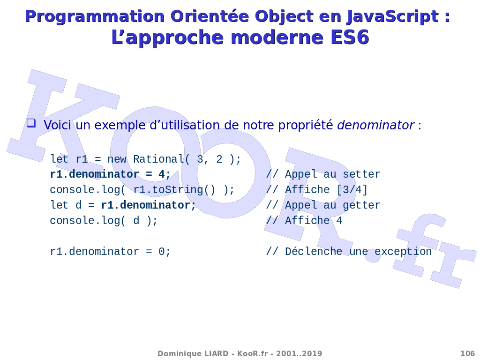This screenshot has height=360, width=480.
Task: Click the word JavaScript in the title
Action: pyautogui.click(x=392, y=16)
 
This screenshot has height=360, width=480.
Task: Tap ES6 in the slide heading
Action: pyautogui.click(x=350, y=37)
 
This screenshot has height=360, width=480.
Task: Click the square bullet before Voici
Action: pyautogui.click(x=31, y=123)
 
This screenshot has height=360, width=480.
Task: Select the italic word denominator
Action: pyautogui.click(x=375, y=125)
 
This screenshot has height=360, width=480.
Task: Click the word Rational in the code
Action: pyautogui.click(x=158, y=159)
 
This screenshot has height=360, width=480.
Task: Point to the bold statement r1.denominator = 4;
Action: pyautogui.click(x=110, y=174)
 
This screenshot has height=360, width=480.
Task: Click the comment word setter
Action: pyautogui.click(x=361, y=174)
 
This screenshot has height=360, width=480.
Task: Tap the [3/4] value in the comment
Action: pyautogui.click(x=352, y=190)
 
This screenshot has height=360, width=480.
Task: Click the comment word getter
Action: pyautogui.click(x=361, y=206)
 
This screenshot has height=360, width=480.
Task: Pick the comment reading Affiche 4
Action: pyautogui.click(x=314, y=221)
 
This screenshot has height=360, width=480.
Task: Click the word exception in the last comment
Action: pyautogui.click(x=403, y=252)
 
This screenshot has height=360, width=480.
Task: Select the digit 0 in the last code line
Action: pyautogui.click(x=162, y=252)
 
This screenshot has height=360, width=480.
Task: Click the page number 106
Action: pyautogui.click(x=467, y=353)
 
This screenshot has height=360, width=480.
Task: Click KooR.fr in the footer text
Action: pyautogui.click(x=253, y=353)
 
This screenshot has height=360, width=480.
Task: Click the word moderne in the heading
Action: pyautogui.click(x=277, y=37)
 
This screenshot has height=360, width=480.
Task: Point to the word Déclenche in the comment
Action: pyautogui.click(x=314, y=252)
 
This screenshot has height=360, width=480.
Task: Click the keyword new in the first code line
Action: pyautogui.click(x=117, y=159)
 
